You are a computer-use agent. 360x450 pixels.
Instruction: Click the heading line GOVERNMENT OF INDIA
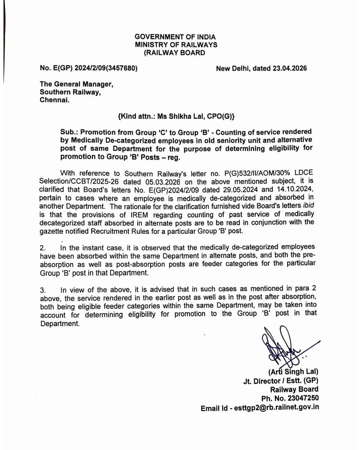175,37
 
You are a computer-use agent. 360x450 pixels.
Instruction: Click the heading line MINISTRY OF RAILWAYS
176,45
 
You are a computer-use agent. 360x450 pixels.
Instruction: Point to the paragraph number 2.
43,248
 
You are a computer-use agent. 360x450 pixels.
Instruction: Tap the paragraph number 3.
43,290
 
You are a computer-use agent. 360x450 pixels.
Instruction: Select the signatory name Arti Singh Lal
293,372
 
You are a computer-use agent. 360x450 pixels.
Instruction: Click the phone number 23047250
302,398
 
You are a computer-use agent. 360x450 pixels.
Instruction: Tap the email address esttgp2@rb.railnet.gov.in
274,407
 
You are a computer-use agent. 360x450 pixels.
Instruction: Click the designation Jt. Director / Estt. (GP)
280,381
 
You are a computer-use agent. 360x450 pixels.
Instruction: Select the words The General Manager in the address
76,84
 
